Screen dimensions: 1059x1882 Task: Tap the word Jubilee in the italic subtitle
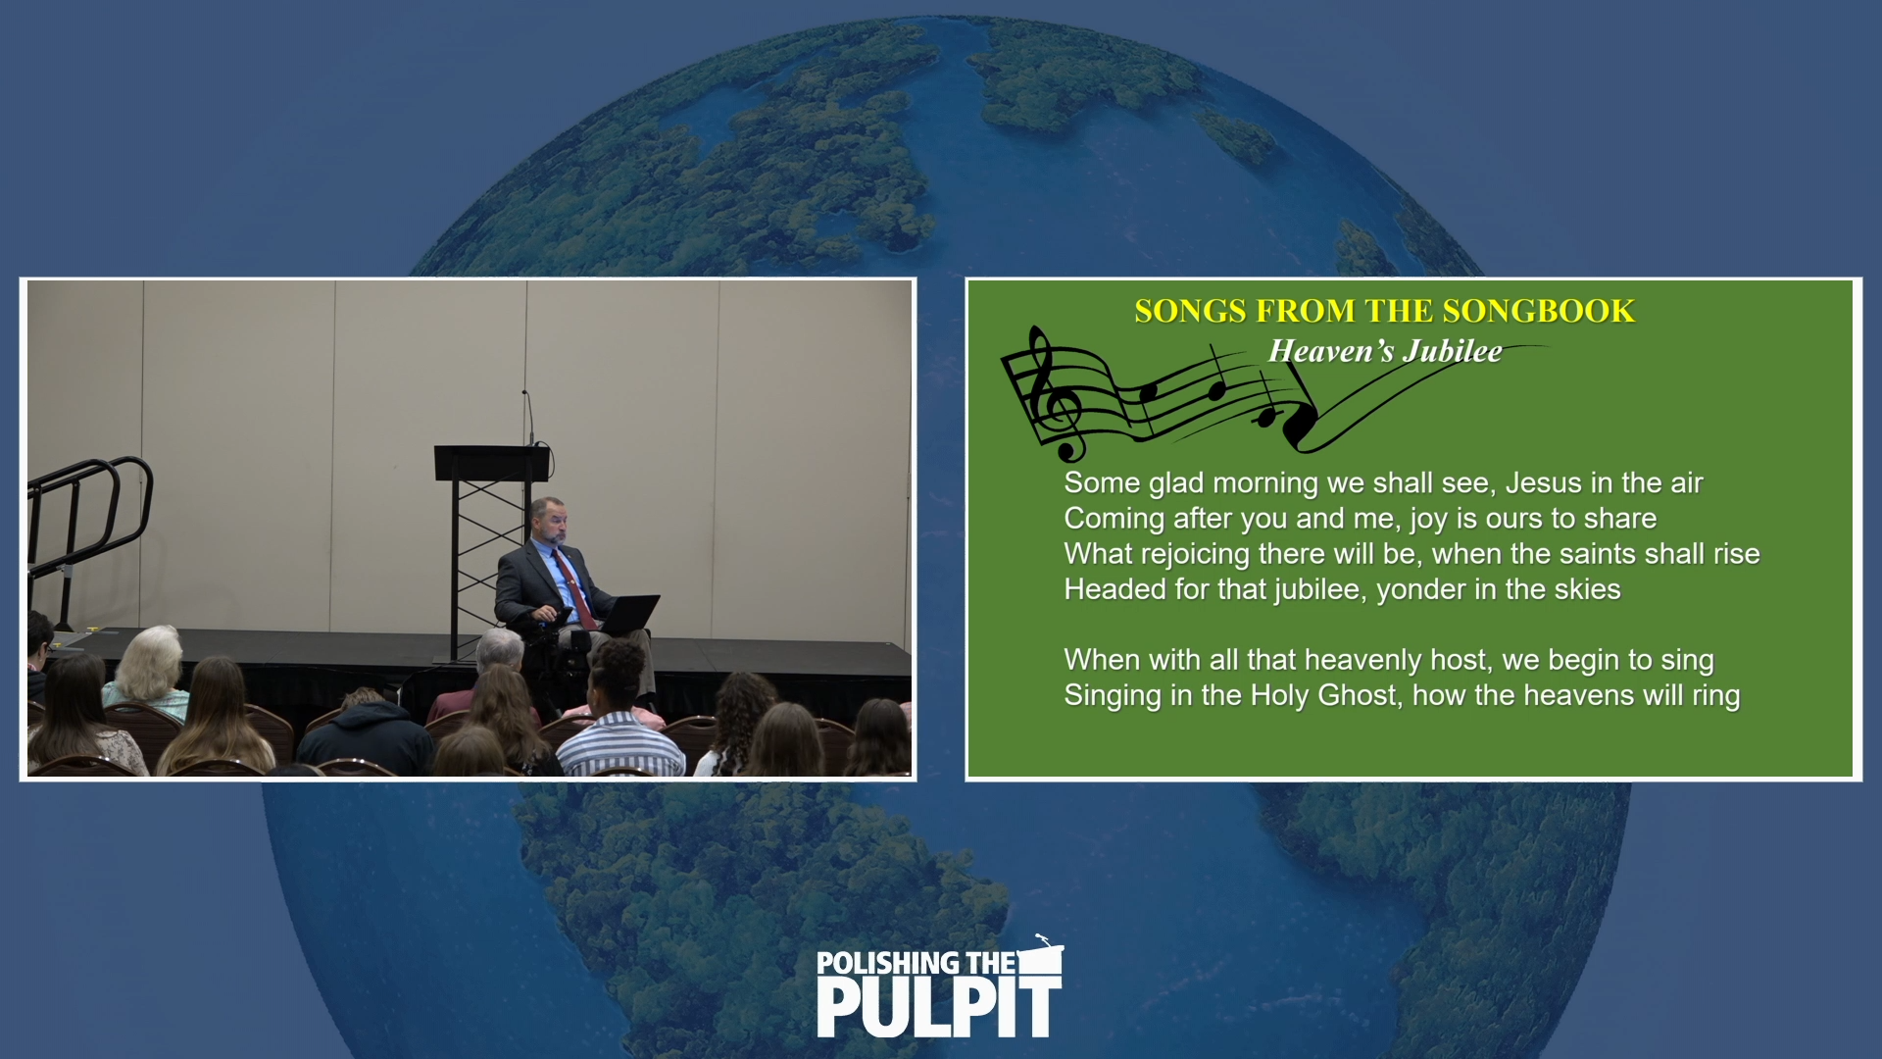(1452, 351)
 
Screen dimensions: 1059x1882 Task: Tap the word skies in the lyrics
(1587, 589)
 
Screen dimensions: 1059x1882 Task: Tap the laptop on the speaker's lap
(627, 614)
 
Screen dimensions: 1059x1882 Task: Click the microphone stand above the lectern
(527, 416)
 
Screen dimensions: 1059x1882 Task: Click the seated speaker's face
(550, 523)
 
